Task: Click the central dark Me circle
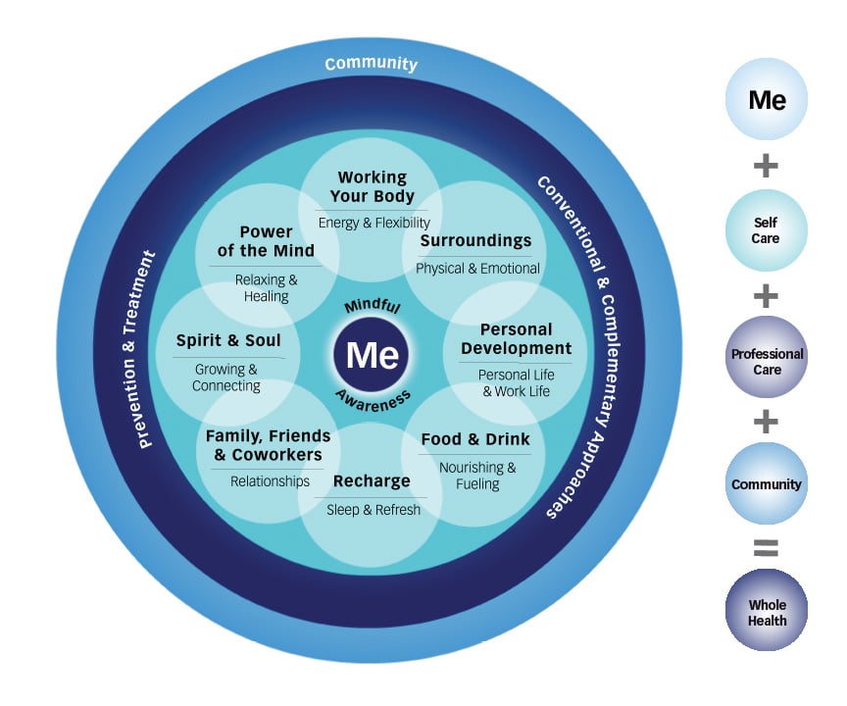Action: (x=372, y=354)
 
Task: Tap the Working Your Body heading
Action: (x=372, y=186)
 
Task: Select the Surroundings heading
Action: (x=475, y=240)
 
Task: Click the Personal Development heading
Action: (x=516, y=339)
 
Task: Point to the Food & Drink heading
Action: (x=475, y=438)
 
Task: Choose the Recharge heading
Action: (x=372, y=481)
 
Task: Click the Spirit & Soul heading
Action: (x=228, y=341)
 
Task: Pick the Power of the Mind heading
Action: (x=266, y=241)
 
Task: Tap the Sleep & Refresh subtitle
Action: (x=372, y=510)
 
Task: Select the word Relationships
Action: (x=270, y=481)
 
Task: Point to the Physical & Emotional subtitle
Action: (x=477, y=268)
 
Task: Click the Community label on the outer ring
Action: (x=371, y=64)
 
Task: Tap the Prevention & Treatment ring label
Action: (x=146, y=349)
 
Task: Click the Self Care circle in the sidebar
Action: (x=766, y=230)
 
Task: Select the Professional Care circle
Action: (x=766, y=361)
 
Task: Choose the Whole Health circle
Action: (x=766, y=612)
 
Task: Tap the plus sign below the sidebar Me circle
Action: (x=766, y=166)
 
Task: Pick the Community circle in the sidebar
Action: (x=766, y=484)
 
